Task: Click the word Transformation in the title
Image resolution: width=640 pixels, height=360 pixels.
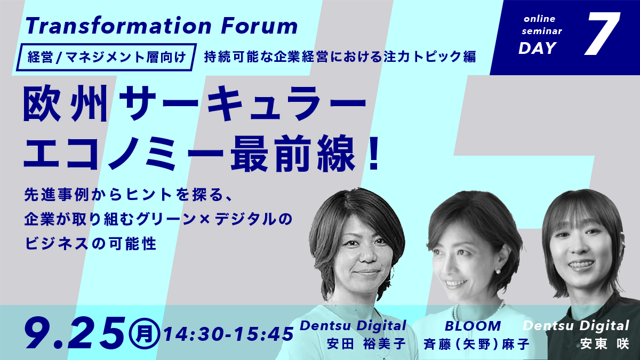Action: coord(118,26)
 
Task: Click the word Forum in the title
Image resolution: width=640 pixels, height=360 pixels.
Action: coord(259,26)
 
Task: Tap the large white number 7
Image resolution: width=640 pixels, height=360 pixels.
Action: coord(603,34)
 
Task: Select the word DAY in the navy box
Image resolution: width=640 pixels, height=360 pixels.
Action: coord(538,48)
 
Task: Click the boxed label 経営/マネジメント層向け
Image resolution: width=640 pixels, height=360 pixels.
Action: coord(106,57)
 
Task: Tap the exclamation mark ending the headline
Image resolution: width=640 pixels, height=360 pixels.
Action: coord(373,154)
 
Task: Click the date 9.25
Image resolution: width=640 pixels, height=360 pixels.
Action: coord(75,333)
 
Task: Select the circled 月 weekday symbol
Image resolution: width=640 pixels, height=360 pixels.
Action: coord(144,334)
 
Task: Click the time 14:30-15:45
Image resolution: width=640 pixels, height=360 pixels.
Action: coord(229,334)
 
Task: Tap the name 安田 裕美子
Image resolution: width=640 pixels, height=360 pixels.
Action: coord(366,343)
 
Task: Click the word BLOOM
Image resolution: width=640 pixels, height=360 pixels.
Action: coord(473,326)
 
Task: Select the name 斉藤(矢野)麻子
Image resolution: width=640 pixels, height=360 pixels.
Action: coord(476,344)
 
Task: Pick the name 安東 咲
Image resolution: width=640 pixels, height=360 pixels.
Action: coord(605,343)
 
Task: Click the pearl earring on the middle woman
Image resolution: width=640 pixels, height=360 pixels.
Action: coord(498,271)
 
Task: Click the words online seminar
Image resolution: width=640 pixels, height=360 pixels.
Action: coord(541,25)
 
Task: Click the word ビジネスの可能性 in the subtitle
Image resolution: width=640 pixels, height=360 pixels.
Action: coord(91,244)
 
